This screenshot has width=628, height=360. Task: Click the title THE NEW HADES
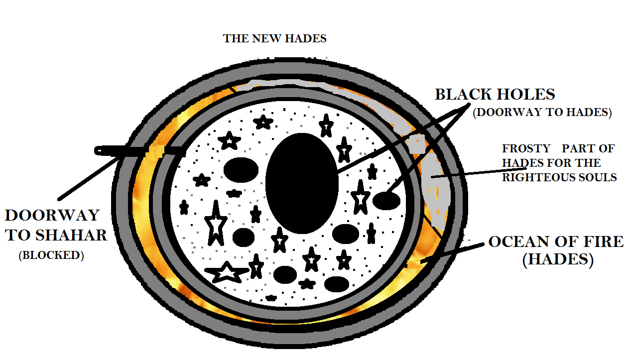pos(274,38)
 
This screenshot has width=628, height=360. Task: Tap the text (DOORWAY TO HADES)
pos(542,112)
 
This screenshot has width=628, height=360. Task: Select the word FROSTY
pos(526,148)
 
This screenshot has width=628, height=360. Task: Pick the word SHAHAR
pos(71,235)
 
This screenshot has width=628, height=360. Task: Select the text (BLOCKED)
pos(51,255)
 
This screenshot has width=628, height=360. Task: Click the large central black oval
pos(302,183)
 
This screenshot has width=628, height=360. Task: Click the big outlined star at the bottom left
pos(227,272)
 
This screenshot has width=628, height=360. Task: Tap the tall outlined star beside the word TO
pos(216,223)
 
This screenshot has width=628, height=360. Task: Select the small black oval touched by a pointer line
pos(386,201)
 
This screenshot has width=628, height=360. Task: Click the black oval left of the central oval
pos(241,170)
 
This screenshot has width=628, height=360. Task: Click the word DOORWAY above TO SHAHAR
pos(52,215)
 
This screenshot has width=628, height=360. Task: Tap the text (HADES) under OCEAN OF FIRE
pos(558,259)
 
